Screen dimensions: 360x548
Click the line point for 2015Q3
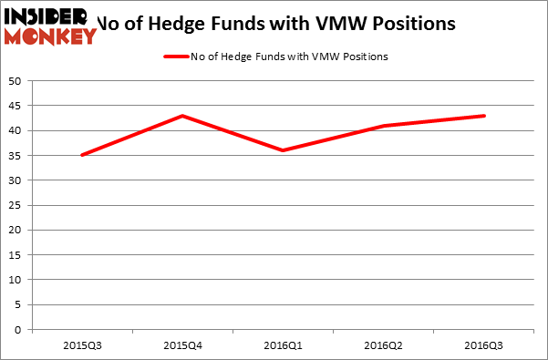tap(83, 155)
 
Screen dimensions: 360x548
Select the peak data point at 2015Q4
tap(183, 116)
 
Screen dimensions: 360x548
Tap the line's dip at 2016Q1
tap(284, 150)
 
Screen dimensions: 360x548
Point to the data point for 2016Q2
tap(384, 126)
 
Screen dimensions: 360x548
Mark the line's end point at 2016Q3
tap(484, 116)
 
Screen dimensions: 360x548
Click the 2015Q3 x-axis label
tap(83, 346)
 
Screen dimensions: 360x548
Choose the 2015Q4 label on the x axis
tap(183, 346)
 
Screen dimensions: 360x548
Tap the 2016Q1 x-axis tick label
tap(284, 346)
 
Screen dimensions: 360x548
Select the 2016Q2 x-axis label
tap(384, 346)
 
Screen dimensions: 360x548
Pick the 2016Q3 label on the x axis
tap(484, 346)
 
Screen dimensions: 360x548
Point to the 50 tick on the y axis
tap(17, 81)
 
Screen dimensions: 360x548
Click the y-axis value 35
tap(17, 156)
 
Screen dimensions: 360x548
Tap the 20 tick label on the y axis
tap(17, 231)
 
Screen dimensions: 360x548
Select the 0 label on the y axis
tap(20, 330)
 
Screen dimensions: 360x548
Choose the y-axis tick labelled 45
tap(17, 106)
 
